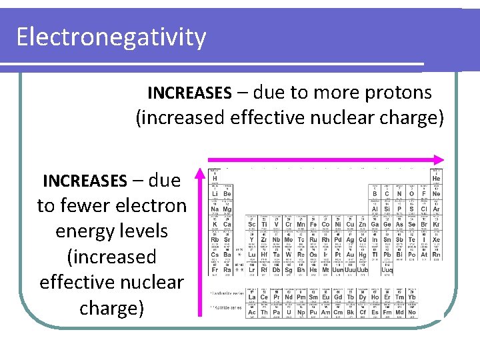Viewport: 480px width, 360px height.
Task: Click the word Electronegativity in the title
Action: coord(111,37)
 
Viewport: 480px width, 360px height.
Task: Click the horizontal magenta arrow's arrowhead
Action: coord(437,160)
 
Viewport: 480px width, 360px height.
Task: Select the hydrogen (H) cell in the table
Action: coord(215,179)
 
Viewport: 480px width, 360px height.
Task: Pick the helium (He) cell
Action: coord(436,179)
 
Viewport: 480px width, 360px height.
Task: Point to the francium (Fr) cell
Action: coord(215,269)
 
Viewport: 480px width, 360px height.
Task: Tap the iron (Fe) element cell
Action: coord(313,225)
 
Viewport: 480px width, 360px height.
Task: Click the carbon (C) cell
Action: coord(387,194)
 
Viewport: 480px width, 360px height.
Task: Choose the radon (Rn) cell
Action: coord(436,255)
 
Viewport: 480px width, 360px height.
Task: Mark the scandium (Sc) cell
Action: coord(251,225)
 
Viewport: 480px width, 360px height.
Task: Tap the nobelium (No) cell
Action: coord(411,312)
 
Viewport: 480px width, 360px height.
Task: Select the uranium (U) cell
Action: coord(289,312)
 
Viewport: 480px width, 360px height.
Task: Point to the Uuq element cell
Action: coord(387,269)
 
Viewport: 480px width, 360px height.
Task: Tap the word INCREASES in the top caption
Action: coord(189,92)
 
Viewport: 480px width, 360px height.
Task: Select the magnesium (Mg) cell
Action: coord(227,209)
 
